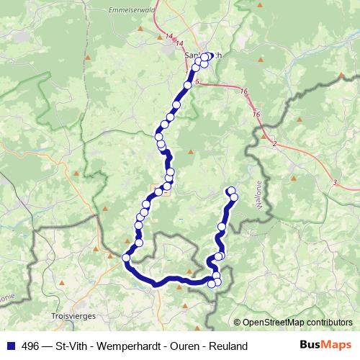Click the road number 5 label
point(196,83)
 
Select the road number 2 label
point(274,145)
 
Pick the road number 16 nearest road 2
point(256,114)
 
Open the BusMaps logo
point(325,346)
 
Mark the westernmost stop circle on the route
point(126,258)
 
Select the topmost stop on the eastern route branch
point(231,191)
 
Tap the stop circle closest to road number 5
point(188,86)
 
